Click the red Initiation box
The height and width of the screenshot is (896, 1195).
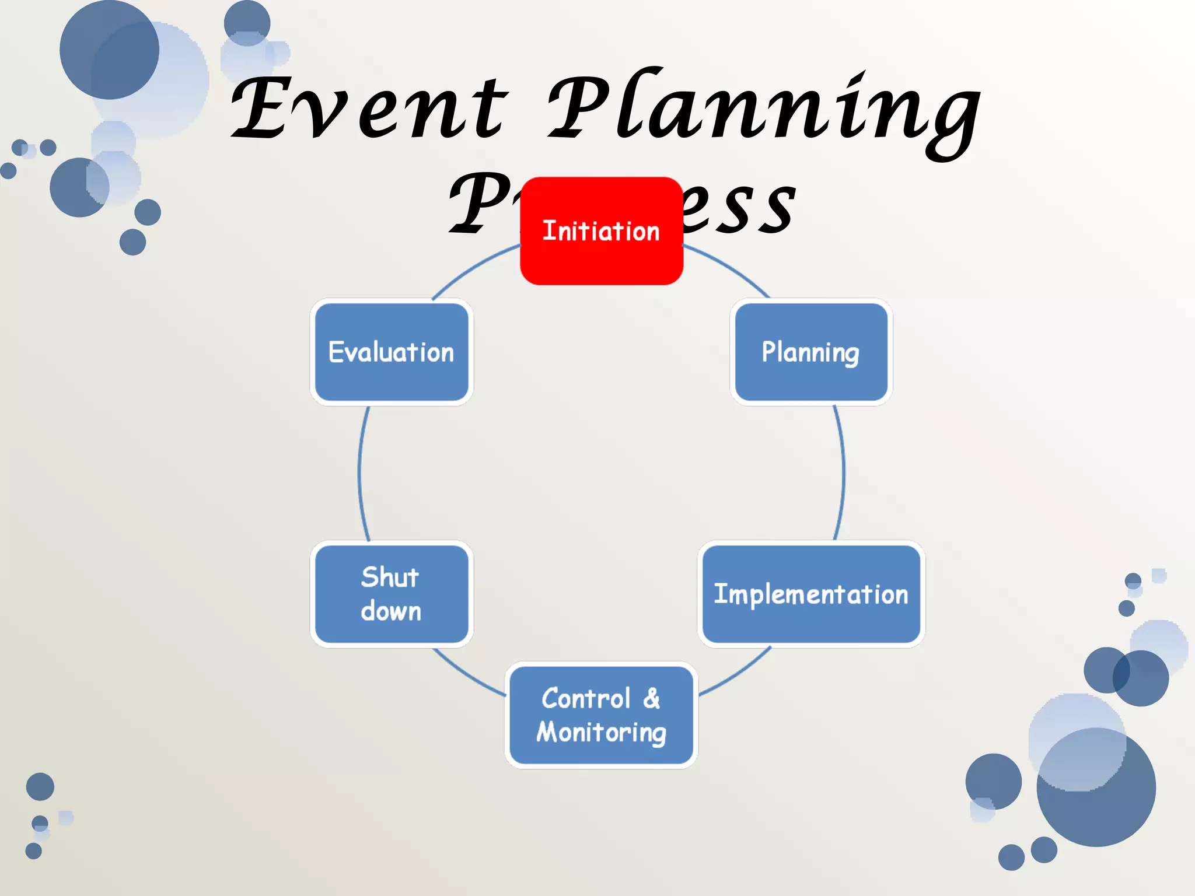tap(601, 231)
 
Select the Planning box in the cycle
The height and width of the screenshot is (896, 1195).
tap(811, 352)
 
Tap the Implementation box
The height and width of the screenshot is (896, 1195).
tap(811, 594)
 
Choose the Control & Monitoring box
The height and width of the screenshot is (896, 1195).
tap(601, 715)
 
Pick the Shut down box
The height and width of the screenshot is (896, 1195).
tap(391, 594)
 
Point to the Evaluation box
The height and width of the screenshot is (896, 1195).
tap(391, 352)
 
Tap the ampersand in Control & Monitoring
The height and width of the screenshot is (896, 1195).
tap(652, 698)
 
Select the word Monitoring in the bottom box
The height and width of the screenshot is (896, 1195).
tap(601, 733)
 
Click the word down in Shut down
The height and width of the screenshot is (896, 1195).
tap(391, 611)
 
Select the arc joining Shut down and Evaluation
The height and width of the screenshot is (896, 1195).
tap(359, 473)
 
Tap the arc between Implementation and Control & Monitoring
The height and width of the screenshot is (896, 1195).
tap(736, 674)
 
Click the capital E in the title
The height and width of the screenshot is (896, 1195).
tap(260, 108)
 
